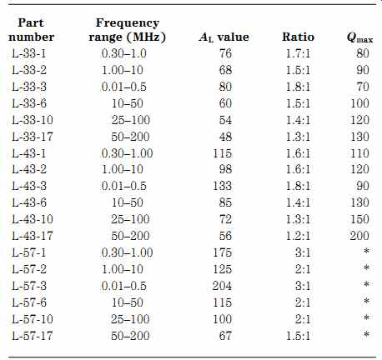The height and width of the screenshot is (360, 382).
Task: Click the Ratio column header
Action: coord(298,37)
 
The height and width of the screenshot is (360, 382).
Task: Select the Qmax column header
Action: coord(359,37)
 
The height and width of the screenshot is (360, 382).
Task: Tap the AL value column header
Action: coord(224,37)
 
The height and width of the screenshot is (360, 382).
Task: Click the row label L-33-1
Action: coord(29,53)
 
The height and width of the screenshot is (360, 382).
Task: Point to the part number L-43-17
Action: coord(33,236)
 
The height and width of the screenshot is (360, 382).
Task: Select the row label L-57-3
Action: coord(29,286)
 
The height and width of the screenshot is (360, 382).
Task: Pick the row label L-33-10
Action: coord(33,120)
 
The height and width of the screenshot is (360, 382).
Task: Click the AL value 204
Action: coord(222,286)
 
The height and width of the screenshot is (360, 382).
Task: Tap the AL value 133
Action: coord(222,186)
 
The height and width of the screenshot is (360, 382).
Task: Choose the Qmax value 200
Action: coord(359,236)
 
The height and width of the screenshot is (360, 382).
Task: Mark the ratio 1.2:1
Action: coord(298,236)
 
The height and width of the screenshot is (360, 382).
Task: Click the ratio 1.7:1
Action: coord(298,53)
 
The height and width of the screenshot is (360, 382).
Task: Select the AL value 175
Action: coord(222,252)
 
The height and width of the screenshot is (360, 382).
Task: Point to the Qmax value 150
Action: coord(359,219)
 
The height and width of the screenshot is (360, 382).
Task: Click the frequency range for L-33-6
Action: coord(128,103)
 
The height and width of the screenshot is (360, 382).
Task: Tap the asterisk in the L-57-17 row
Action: coord(366,334)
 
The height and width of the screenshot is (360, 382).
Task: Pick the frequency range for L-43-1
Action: coord(127,153)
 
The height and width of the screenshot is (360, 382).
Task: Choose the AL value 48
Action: coord(225,137)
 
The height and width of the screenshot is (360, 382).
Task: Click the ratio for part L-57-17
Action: coord(298,336)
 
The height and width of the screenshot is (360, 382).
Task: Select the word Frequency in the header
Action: coord(128,22)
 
